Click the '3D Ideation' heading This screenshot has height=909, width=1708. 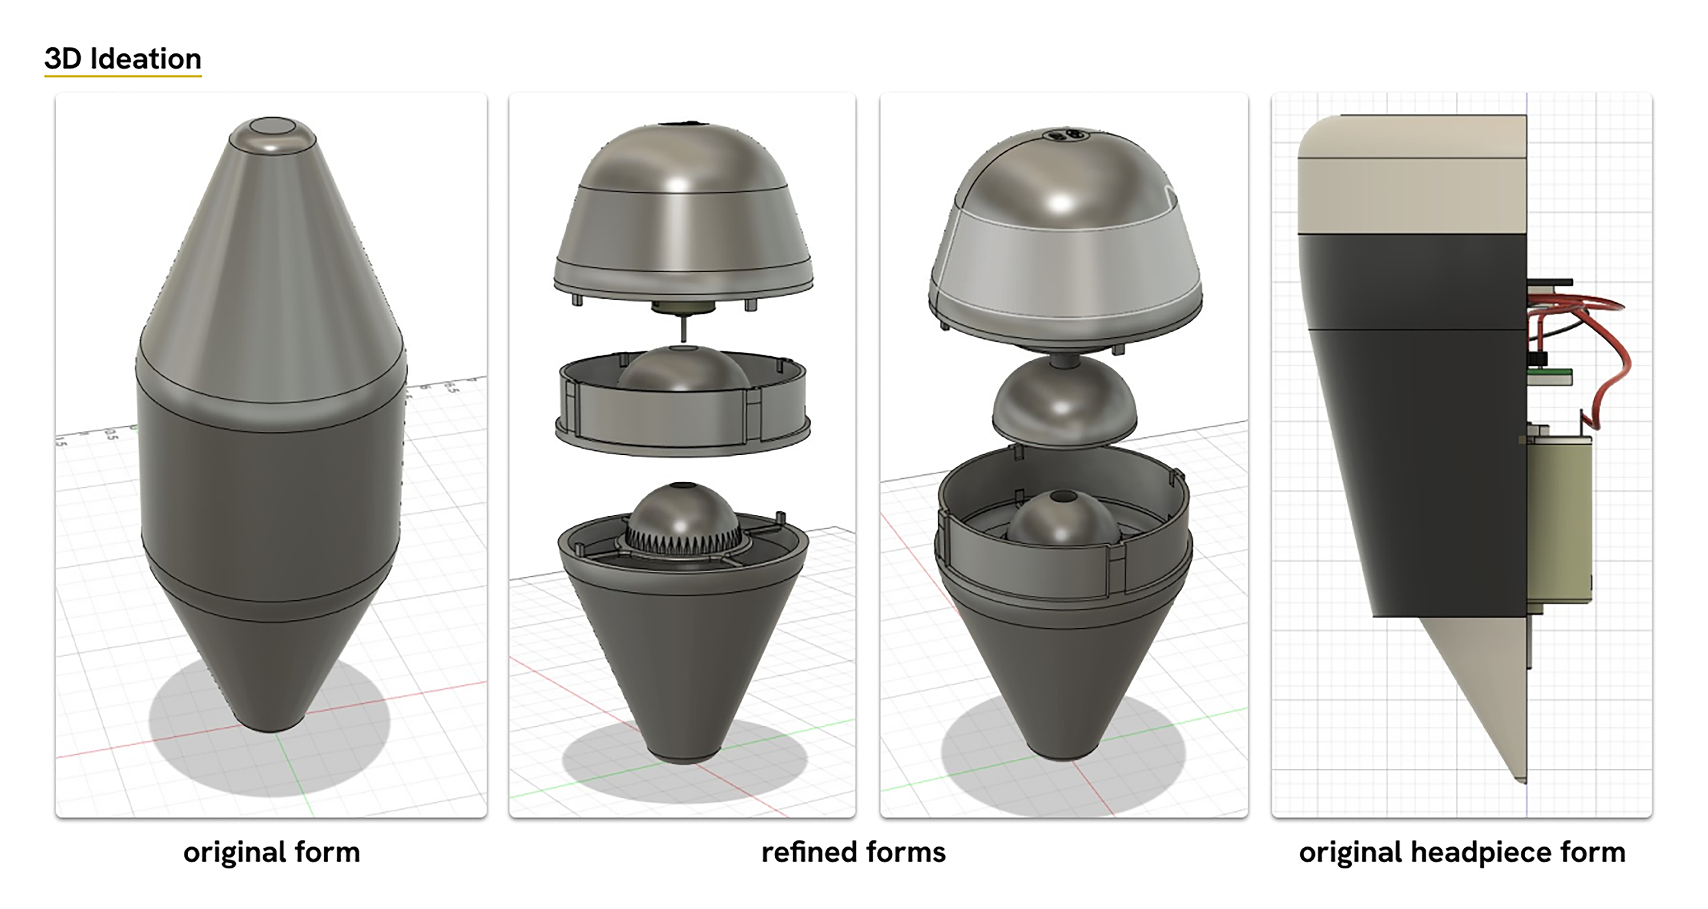123,59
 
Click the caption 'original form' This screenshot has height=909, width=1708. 271,852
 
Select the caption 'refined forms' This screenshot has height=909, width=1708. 854,852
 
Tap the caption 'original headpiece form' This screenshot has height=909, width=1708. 1462,852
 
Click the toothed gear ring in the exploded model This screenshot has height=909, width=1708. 683,537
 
